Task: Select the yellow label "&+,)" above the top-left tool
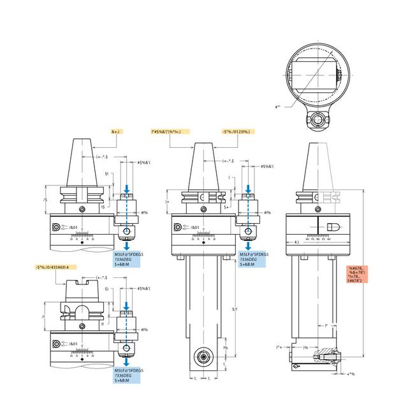click(115, 131)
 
